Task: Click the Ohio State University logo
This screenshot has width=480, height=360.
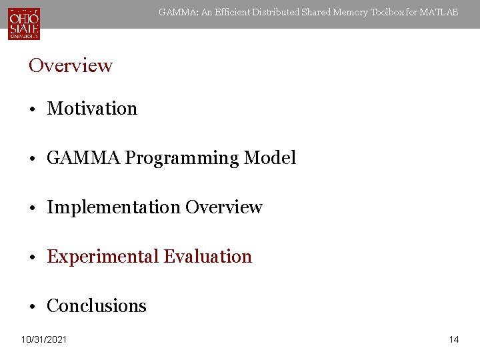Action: pyautogui.click(x=24, y=23)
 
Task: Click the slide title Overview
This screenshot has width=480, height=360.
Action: pyautogui.click(x=71, y=65)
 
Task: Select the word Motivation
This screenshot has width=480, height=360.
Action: pyautogui.click(x=92, y=109)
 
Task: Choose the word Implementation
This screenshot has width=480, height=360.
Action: pyautogui.click(x=113, y=207)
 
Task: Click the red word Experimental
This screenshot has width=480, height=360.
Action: pyautogui.click(x=103, y=257)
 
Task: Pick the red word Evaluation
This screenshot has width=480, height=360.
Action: pyautogui.click(x=208, y=257)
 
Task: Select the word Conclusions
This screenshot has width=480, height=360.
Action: pyautogui.click(x=97, y=306)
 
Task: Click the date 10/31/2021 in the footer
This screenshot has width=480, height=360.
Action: pyautogui.click(x=44, y=340)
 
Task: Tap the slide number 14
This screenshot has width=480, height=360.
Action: pyautogui.click(x=454, y=340)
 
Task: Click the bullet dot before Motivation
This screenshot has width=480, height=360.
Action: pyautogui.click(x=32, y=109)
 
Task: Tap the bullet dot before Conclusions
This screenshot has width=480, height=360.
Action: pyautogui.click(x=32, y=307)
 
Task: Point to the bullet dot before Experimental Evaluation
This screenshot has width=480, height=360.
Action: pyautogui.click(x=32, y=257)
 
